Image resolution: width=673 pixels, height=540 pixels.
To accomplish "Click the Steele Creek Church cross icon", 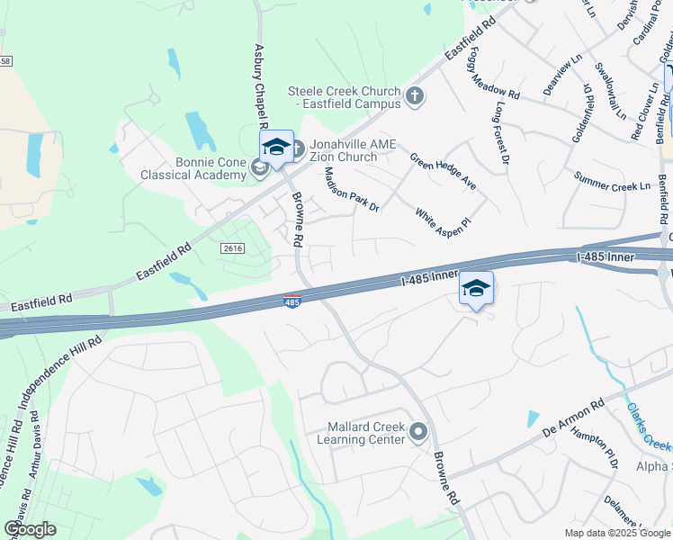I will [x=415, y=96].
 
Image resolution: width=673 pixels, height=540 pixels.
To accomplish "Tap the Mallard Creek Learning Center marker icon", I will [x=417, y=433].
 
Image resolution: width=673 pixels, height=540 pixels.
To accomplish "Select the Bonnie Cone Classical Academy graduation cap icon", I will [x=259, y=166].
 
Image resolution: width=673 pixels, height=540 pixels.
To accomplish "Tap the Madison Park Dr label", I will [x=352, y=189].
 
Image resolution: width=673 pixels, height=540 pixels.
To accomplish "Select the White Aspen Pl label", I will [x=443, y=218].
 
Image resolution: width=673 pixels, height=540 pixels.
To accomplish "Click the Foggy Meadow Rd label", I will [x=493, y=73].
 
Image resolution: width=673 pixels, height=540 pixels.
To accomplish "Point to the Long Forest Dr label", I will [x=501, y=134].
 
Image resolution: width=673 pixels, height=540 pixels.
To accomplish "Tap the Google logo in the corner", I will [x=30, y=529].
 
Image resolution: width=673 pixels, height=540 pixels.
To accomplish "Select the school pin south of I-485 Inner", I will [x=477, y=289].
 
